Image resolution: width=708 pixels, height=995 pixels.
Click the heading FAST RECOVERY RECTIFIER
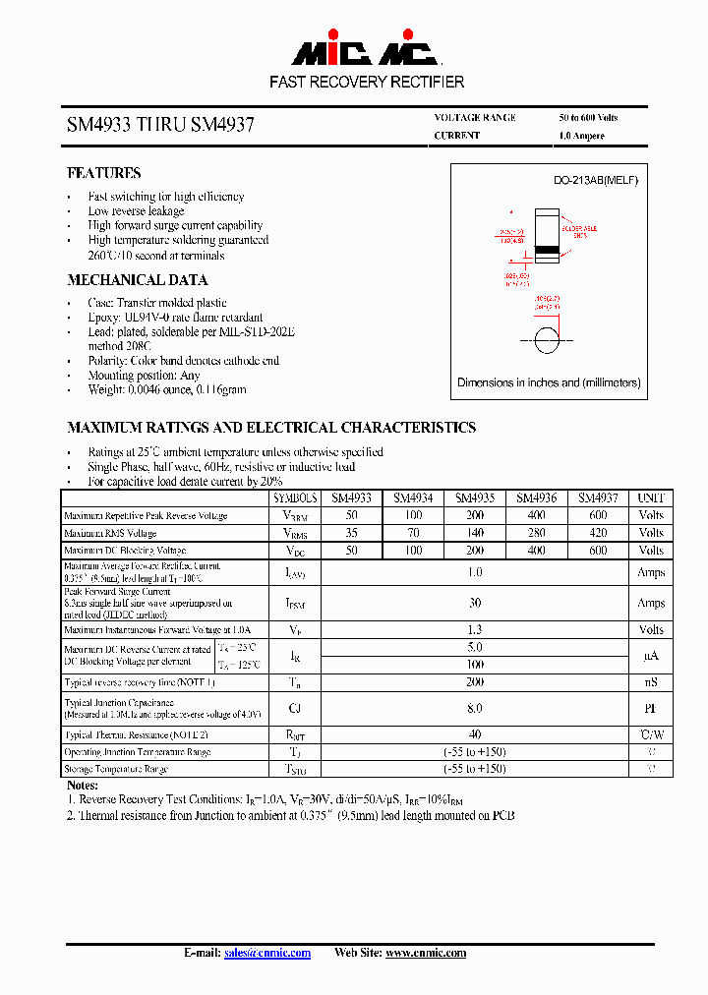(x=367, y=83)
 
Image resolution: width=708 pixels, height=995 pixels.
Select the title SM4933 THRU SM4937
(x=160, y=126)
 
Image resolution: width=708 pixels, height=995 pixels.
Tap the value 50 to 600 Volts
(x=588, y=117)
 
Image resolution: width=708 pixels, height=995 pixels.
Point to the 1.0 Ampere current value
(x=581, y=136)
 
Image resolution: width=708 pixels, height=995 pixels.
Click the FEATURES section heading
(x=103, y=173)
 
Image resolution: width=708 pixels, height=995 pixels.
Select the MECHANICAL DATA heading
(x=137, y=280)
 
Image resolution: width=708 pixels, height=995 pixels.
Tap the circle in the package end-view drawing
(x=548, y=345)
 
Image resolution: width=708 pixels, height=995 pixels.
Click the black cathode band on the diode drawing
(x=547, y=257)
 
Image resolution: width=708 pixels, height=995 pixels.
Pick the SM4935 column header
(x=475, y=498)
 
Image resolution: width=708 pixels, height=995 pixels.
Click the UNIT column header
(x=651, y=498)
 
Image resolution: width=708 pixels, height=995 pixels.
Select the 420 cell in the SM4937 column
(x=598, y=533)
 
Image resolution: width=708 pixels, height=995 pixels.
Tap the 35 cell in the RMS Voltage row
(x=351, y=533)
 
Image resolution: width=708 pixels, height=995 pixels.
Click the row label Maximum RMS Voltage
(x=110, y=534)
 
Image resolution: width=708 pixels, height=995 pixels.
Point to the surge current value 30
(x=475, y=603)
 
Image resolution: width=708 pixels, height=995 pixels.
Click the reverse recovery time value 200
(x=475, y=681)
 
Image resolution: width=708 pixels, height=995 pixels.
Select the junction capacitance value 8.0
(x=475, y=708)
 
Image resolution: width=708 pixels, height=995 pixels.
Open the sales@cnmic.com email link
(x=267, y=953)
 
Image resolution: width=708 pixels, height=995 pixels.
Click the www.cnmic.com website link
(x=425, y=953)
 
